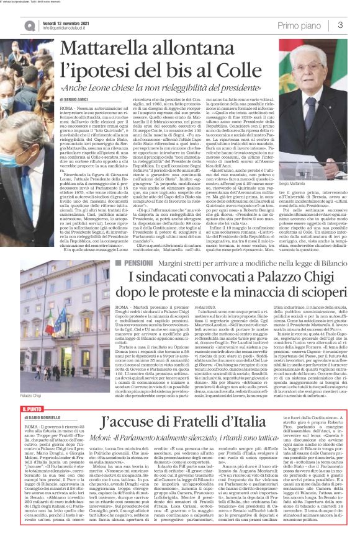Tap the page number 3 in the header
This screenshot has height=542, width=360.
click(340, 25)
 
